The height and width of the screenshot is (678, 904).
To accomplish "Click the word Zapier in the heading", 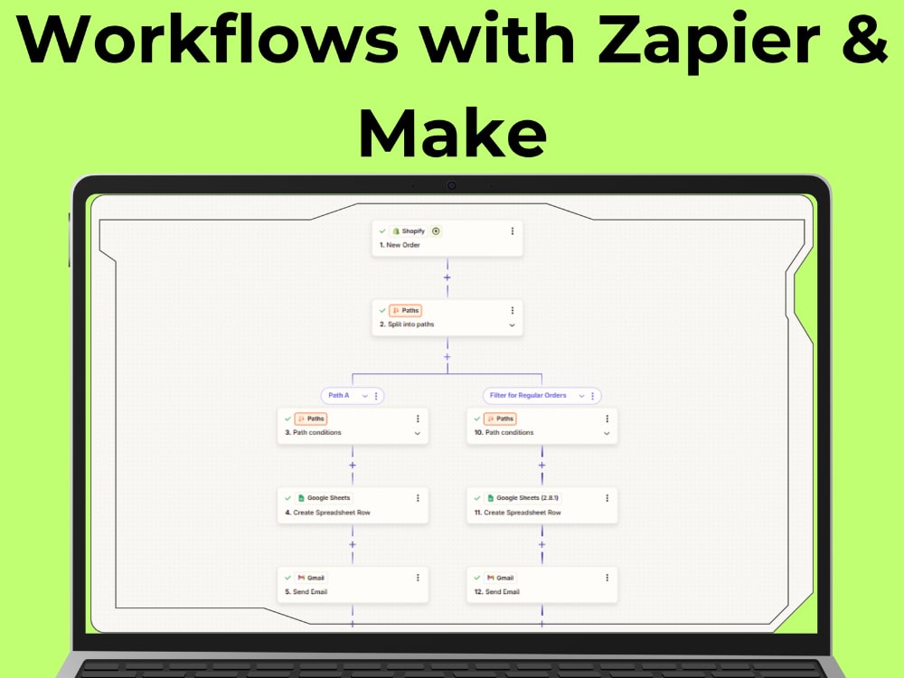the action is [x=709, y=39].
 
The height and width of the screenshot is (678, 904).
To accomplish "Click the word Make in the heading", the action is [x=452, y=132].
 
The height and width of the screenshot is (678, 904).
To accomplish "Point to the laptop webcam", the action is [x=451, y=185].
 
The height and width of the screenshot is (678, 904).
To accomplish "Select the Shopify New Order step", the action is [x=447, y=238].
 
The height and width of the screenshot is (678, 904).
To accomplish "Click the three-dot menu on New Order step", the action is [x=512, y=231].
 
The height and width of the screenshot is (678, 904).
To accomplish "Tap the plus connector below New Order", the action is [x=447, y=278].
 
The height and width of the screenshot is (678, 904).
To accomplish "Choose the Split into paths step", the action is [x=447, y=317].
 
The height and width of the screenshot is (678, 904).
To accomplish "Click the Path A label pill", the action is [x=353, y=396].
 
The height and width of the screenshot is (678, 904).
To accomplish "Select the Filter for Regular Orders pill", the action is [x=541, y=396].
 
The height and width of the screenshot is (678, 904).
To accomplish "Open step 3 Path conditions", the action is [x=353, y=426].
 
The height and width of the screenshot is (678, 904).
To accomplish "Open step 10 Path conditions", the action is [x=541, y=426].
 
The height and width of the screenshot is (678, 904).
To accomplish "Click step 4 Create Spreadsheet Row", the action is [x=353, y=505].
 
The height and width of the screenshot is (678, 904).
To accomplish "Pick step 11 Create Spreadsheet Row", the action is [x=541, y=505].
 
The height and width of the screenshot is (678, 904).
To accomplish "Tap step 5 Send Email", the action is [x=353, y=585].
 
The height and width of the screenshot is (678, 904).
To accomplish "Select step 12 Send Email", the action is [x=541, y=585].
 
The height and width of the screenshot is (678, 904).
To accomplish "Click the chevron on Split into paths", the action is [x=512, y=325].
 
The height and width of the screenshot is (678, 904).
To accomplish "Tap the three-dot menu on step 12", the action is [x=607, y=578].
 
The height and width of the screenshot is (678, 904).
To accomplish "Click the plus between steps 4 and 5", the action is [x=353, y=545].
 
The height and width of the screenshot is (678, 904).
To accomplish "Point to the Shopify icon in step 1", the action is [x=396, y=231].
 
